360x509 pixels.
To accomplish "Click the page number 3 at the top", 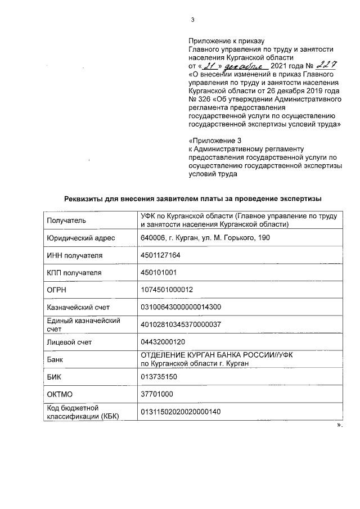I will tap(192, 21).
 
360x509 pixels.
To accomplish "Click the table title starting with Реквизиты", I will tap(192, 199).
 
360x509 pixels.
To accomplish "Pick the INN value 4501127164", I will tap(160, 255).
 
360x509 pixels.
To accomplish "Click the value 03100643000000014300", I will tap(180, 307).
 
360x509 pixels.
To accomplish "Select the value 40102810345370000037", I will tap(180, 324).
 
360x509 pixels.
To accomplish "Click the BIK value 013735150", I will tap(159, 376).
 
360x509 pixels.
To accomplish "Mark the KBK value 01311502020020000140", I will tap(180, 411).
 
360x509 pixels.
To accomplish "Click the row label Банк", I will tap(56, 359).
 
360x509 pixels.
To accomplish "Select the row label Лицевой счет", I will tap(69, 341).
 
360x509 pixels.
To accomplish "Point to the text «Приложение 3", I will tap(211, 138).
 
